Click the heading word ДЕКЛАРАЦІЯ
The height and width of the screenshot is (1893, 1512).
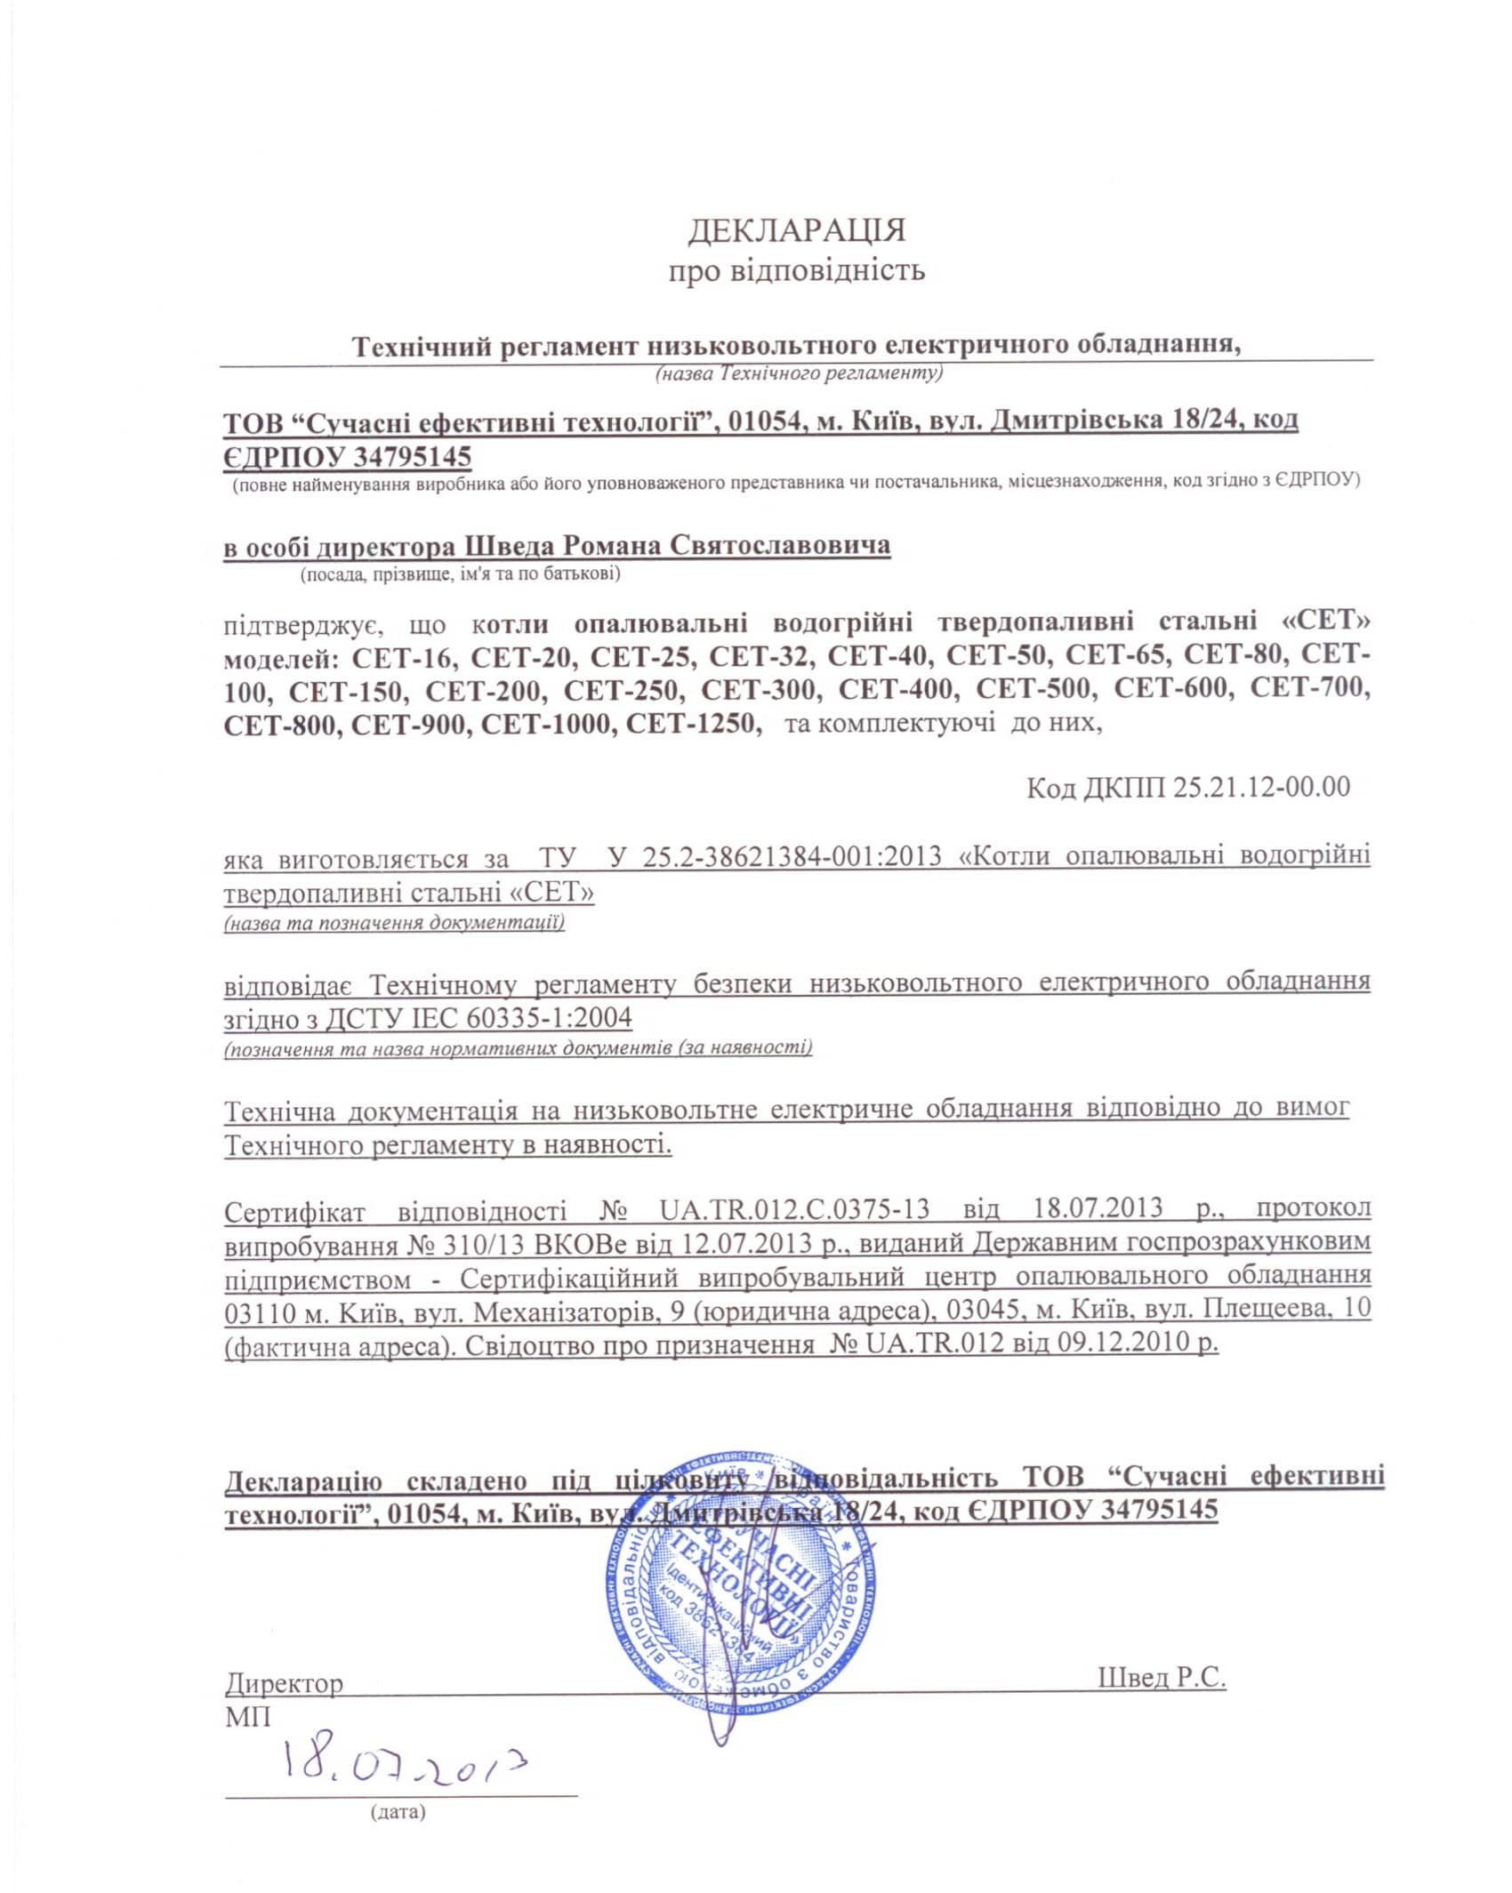pyautogui.click(x=796, y=230)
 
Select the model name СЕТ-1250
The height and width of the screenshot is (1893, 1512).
pyautogui.click(x=694, y=724)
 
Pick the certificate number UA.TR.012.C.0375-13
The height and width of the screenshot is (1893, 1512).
pyautogui.click(x=795, y=1208)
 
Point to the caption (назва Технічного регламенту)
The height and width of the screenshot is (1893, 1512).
pyautogui.click(x=798, y=373)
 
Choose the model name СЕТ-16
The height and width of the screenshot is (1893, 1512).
pyautogui.click(x=405, y=656)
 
